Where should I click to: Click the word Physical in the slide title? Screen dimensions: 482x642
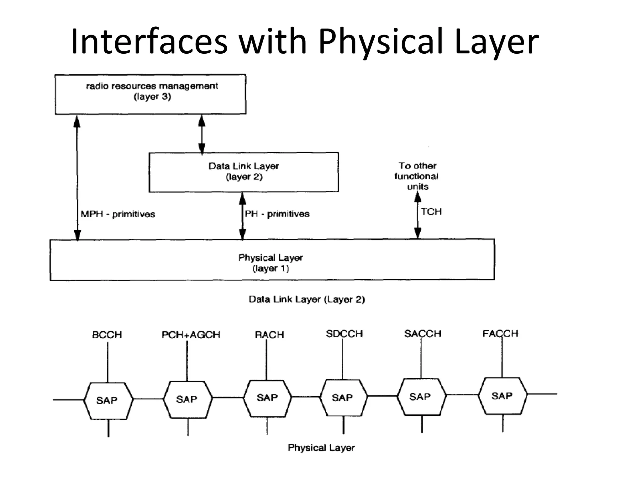click(380, 42)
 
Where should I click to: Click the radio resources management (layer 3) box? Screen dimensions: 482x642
click(150, 94)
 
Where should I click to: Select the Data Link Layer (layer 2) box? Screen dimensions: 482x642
click(244, 172)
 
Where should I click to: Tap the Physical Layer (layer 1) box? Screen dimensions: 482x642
click(272, 260)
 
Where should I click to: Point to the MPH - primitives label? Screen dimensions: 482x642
click(118, 214)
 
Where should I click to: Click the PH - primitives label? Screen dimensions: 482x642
click(277, 214)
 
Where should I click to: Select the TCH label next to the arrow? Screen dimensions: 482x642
click(431, 212)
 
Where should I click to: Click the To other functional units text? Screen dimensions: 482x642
click(417, 176)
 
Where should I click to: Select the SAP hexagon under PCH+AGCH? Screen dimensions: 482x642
click(187, 399)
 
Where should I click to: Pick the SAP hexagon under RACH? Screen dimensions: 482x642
click(267, 398)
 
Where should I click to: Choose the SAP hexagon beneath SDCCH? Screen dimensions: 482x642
click(343, 398)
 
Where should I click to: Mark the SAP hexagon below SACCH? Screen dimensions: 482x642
click(421, 397)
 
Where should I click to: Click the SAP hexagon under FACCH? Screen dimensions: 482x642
click(503, 396)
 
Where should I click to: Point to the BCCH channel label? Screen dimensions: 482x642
click(107, 335)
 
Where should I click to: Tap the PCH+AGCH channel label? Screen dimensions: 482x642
click(191, 335)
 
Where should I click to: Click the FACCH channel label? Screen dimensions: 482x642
click(500, 334)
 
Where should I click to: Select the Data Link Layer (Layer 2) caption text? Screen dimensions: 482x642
click(307, 299)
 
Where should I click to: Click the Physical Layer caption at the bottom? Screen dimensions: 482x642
click(321, 447)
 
